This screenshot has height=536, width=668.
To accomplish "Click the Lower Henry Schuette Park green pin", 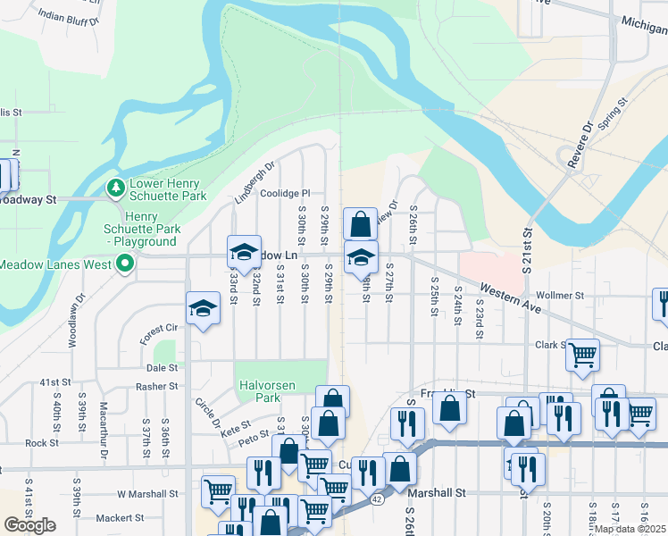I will (x=115, y=188).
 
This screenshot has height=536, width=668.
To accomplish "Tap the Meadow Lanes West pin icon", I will (x=125, y=264).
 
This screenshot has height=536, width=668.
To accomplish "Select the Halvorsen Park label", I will (x=261, y=390).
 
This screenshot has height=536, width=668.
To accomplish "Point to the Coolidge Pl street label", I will (x=285, y=192).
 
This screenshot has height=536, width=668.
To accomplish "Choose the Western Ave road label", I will (x=510, y=300).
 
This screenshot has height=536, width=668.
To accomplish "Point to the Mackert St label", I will (x=120, y=518).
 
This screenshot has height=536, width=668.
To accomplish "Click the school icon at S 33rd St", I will (x=243, y=253).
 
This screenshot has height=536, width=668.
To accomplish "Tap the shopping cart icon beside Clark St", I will (x=582, y=354).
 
